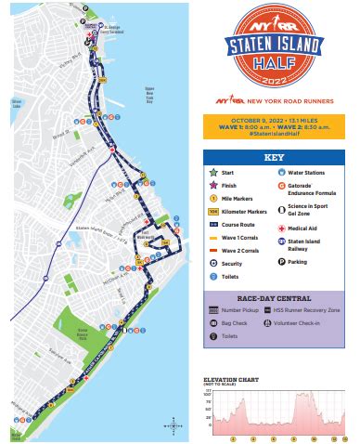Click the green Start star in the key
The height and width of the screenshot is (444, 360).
(x=214, y=172)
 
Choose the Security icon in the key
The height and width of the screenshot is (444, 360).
(x=214, y=263)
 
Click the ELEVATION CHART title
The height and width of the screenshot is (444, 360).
(x=231, y=378)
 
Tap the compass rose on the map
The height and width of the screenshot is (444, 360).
(x=171, y=424)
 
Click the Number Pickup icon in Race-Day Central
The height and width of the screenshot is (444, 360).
(x=214, y=309)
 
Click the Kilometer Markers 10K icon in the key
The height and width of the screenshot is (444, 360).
(x=214, y=211)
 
